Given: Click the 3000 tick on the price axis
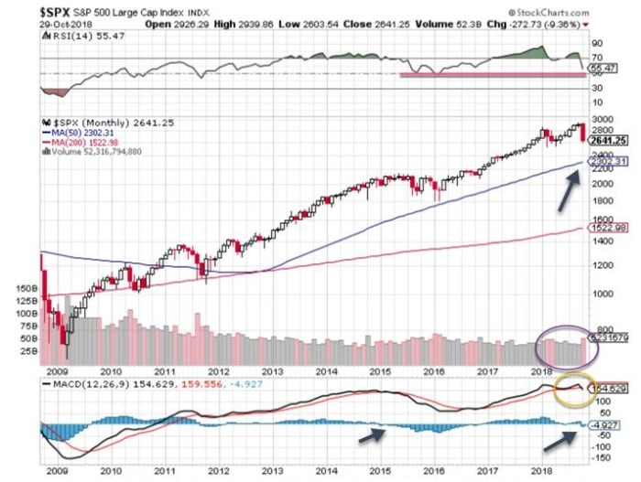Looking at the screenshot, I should coord(601,120).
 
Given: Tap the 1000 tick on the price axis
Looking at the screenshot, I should coord(600,295).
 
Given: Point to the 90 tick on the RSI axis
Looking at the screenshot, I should coord(596,43).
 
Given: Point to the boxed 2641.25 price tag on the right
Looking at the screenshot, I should coord(606,140).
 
